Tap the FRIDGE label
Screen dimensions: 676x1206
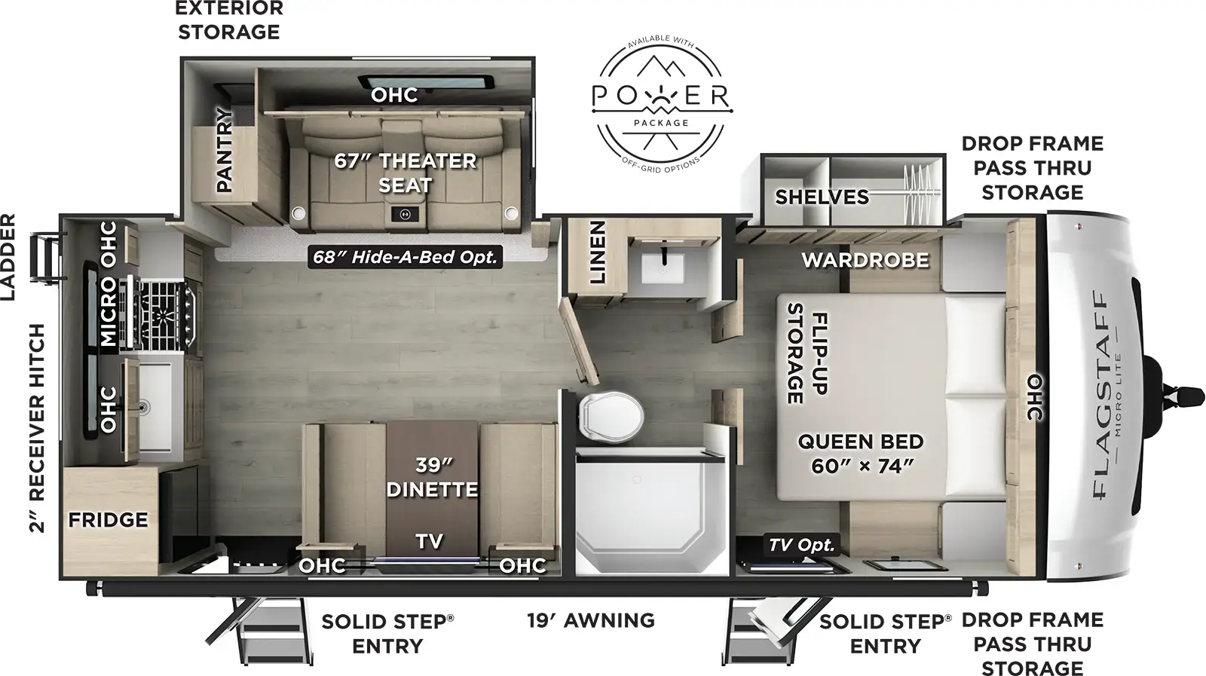pyautogui.click(x=108, y=520)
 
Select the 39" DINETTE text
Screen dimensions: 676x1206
pyautogui.click(x=432, y=477)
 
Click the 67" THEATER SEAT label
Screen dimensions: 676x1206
pyautogui.click(x=406, y=173)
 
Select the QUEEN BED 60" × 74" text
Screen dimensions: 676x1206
pyautogui.click(x=861, y=454)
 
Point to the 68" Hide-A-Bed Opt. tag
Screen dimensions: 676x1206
pyautogui.click(x=406, y=257)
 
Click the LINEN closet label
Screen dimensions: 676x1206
pyautogui.click(x=597, y=252)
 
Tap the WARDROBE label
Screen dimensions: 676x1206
pyautogui.click(x=865, y=261)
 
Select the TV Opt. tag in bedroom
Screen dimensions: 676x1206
pyautogui.click(x=801, y=545)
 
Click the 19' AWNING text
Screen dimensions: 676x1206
pyautogui.click(x=590, y=620)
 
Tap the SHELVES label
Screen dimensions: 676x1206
pyautogui.click(x=822, y=197)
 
